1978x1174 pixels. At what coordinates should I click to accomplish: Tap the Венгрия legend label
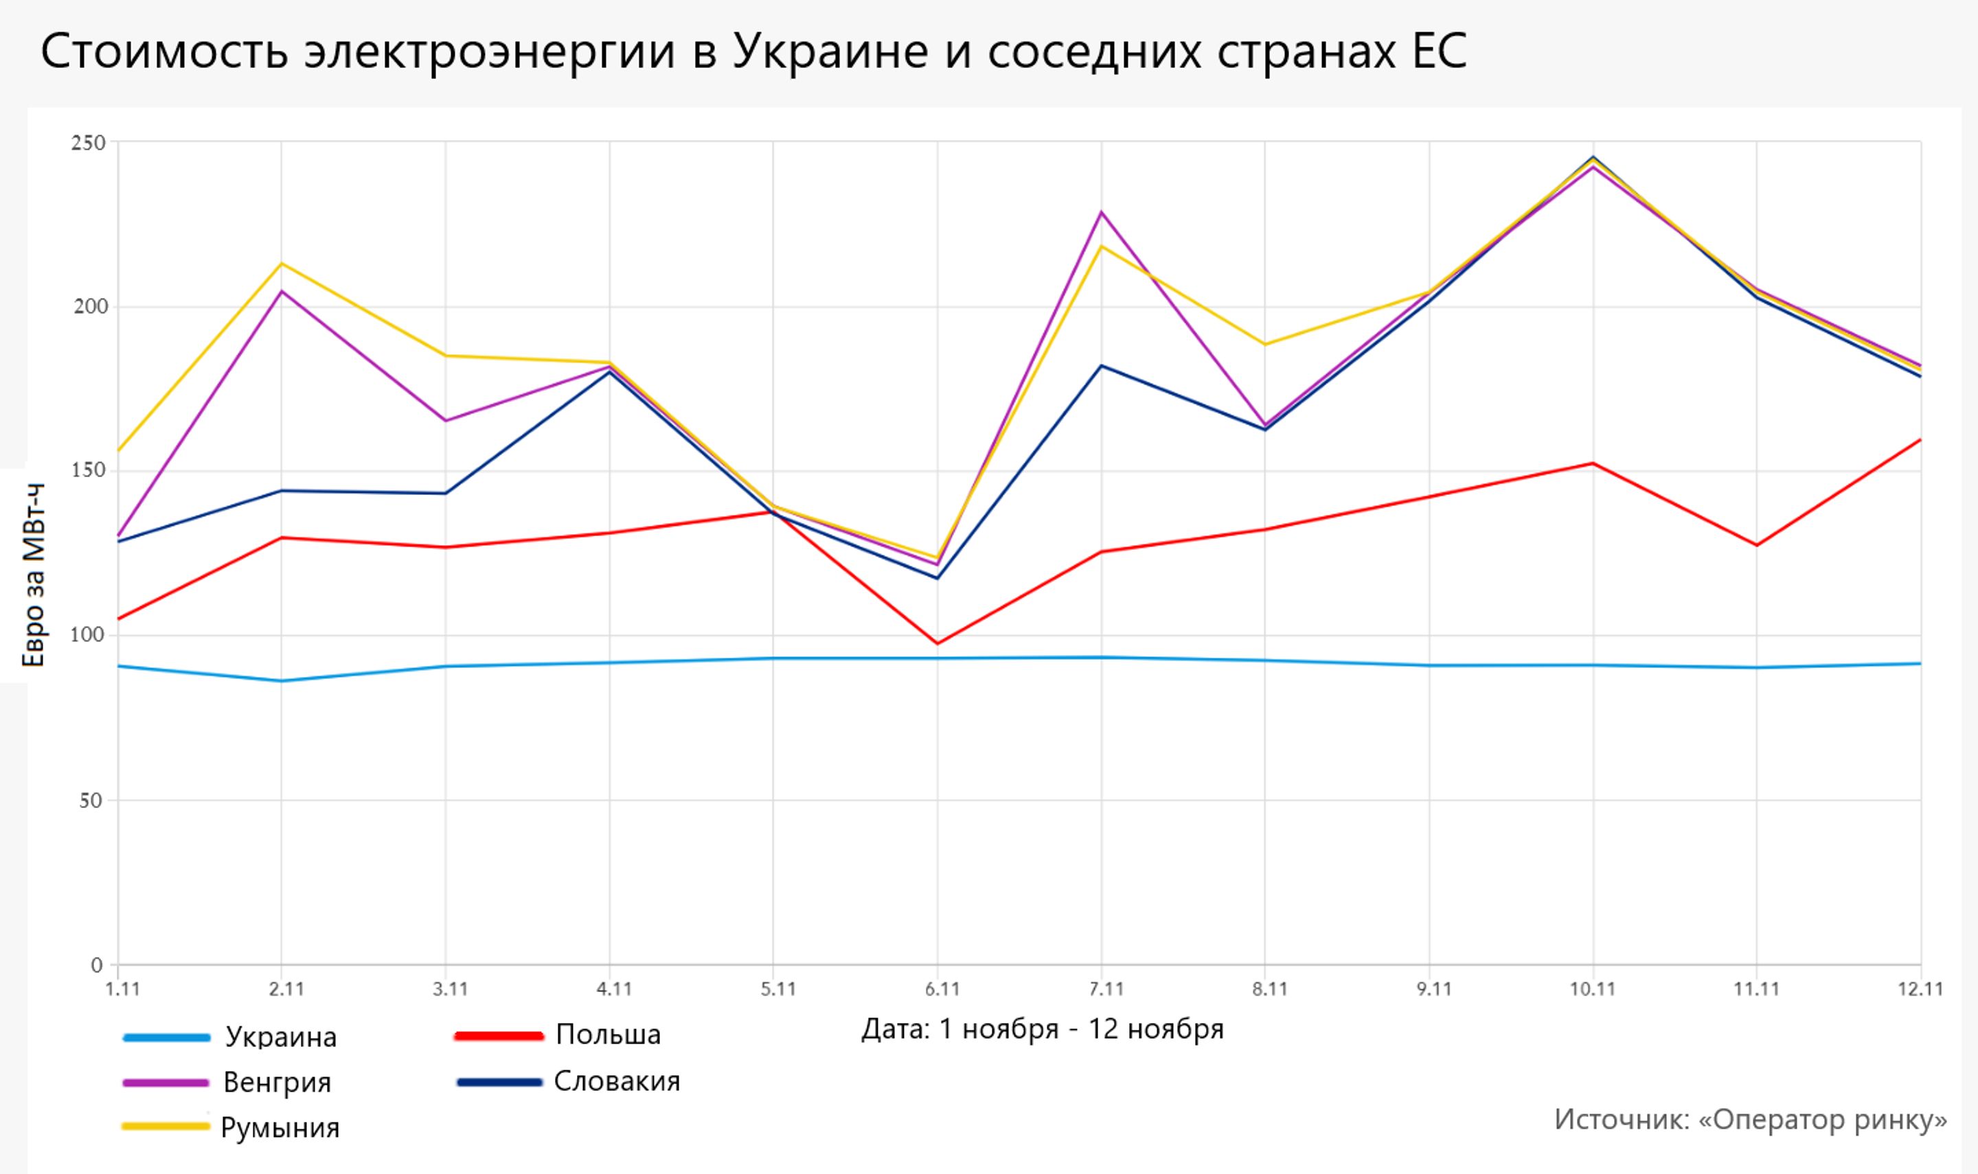[x=277, y=1082]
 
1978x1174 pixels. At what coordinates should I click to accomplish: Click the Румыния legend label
[x=280, y=1127]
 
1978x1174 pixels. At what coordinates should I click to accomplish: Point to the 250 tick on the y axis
[x=88, y=143]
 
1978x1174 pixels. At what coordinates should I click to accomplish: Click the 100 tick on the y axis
[x=88, y=635]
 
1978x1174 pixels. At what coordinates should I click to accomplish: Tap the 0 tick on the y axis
[x=97, y=965]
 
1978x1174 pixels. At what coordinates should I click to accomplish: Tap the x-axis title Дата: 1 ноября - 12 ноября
[x=1042, y=1029]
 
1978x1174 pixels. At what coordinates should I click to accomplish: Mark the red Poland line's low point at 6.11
[x=937, y=643]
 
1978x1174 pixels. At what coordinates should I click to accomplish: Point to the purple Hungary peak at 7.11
[x=1102, y=212]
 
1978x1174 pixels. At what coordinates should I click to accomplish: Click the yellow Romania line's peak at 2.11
[x=282, y=263]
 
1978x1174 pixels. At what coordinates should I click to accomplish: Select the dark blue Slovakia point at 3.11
[x=446, y=493]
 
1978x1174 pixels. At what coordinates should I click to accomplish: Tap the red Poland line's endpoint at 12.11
[x=1920, y=440]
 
